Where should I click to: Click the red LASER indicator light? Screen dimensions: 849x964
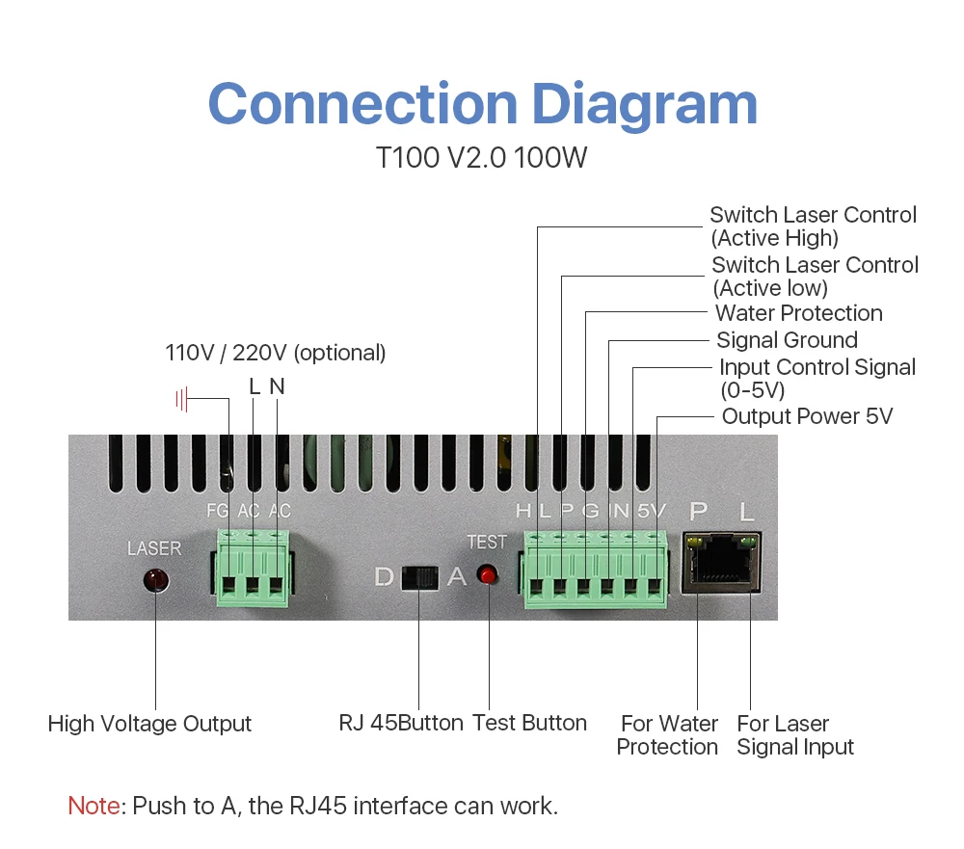[x=155, y=581]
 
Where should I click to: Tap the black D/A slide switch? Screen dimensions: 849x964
[x=419, y=577]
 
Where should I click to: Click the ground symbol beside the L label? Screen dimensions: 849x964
[x=181, y=398]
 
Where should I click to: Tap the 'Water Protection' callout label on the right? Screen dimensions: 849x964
[x=798, y=313]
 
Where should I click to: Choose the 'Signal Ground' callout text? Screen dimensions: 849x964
[x=787, y=340]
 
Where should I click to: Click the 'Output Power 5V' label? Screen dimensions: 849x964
[x=807, y=416]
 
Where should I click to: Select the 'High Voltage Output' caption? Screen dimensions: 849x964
[x=149, y=724]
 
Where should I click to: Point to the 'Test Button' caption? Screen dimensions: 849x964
[x=529, y=723]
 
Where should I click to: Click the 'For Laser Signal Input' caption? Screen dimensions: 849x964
[x=794, y=735]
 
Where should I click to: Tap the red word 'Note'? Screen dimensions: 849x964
[x=94, y=806]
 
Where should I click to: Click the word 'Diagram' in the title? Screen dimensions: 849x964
[x=645, y=104]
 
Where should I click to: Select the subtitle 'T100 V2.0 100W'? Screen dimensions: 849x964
[x=481, y=158]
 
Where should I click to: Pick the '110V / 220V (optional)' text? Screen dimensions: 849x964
[x=276, y=353]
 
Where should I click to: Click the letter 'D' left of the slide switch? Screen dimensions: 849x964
[x=384, y=577]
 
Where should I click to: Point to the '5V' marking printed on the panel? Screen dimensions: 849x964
[x=651, y=511]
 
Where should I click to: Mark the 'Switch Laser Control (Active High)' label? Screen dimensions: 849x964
[x=813, y=226]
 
